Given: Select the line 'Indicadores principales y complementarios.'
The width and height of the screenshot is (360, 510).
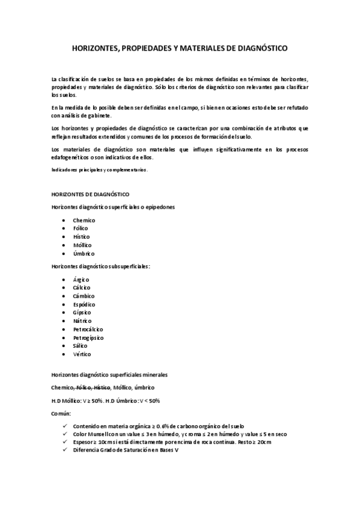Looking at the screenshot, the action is pos(99,170).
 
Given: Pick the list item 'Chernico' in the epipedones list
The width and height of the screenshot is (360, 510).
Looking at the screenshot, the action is pos(84,220).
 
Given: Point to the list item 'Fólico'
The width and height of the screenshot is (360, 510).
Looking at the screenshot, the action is pos(81,229).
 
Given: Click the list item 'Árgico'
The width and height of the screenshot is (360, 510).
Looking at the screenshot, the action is pos(81,280).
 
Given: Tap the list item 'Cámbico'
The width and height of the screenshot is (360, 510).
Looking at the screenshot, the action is pos(83,296).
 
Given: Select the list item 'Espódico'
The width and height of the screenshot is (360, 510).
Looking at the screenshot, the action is pos(84,305).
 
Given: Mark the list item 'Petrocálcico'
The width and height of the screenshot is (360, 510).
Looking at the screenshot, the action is pos(88,330).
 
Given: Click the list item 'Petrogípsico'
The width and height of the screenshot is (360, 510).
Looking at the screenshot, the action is pos(88,338).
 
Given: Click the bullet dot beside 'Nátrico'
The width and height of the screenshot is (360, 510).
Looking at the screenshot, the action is pos(64,322).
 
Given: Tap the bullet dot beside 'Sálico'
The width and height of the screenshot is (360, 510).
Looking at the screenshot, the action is pos(64,346).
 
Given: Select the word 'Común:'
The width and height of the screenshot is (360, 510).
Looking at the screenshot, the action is pos(61,414).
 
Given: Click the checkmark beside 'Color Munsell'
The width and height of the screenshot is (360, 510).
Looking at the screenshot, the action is pos(64,434).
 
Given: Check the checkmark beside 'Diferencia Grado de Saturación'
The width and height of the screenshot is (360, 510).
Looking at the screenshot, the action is pos(64,450).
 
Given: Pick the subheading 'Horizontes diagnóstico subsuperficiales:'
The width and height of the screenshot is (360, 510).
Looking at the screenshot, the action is pos(101,266).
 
